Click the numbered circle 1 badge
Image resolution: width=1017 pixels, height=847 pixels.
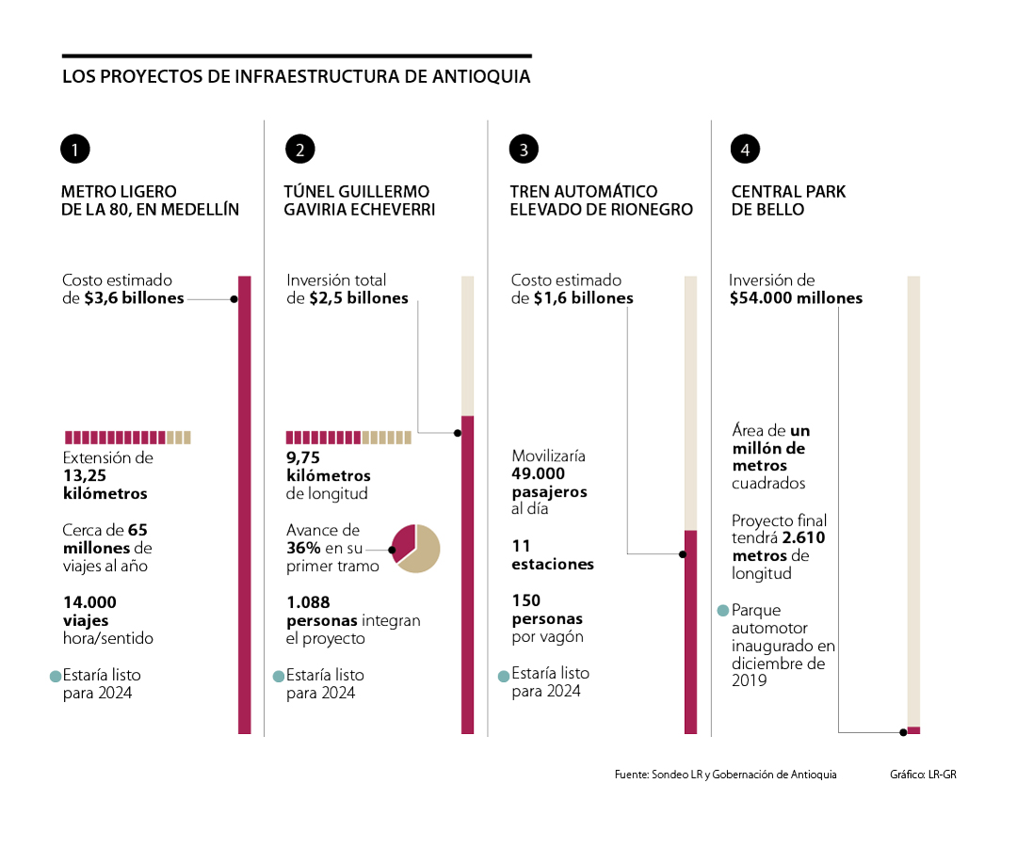75,149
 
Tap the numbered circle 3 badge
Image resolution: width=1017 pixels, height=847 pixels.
524,149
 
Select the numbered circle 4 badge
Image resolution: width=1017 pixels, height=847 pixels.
745,149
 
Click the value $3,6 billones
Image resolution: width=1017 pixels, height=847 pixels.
134,298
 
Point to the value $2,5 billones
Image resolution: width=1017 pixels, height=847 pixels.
359,298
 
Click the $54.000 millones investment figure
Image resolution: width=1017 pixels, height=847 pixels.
796,298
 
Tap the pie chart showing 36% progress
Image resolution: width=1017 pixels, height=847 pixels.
415,547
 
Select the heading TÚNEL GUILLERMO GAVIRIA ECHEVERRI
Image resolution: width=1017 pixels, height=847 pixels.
359,200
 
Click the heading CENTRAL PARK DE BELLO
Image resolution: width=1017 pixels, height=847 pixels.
788,200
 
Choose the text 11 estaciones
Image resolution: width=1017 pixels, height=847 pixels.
553,555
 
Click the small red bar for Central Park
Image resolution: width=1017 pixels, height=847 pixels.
913,730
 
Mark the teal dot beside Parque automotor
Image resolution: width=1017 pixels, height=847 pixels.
723,610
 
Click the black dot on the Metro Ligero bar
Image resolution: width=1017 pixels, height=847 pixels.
234,299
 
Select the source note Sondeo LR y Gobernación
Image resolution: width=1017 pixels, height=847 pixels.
725,775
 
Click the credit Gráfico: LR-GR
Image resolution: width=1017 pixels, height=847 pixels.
923,775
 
